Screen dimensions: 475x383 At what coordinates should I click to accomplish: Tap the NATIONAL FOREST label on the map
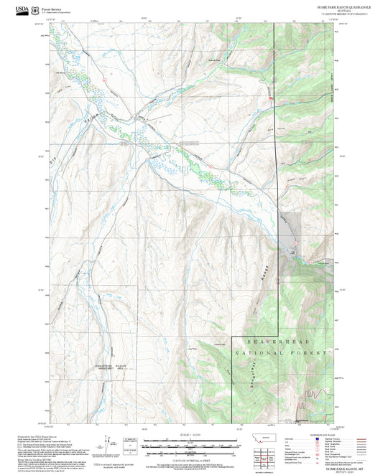click(282, 354)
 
